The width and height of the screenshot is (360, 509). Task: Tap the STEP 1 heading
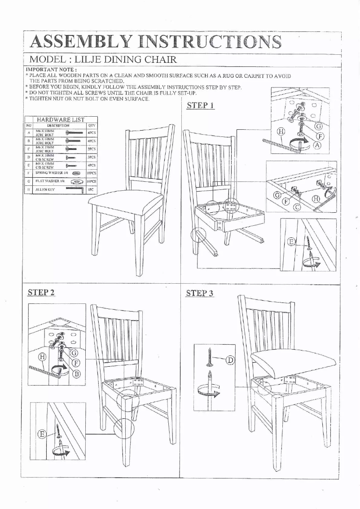tap(200, 106)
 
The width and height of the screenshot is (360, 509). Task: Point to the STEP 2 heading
tap(41, 293)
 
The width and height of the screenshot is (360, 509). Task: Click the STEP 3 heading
tap(200, 294)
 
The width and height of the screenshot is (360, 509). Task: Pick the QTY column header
tap(92, 126)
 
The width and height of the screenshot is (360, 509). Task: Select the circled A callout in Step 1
tap(317, 145)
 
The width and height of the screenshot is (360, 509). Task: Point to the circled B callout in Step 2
tap(76, 373)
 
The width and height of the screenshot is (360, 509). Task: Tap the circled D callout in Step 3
tap(230, 360)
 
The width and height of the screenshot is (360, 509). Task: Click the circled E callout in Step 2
tap(42, 434)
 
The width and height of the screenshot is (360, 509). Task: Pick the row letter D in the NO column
tap(29, 158)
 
